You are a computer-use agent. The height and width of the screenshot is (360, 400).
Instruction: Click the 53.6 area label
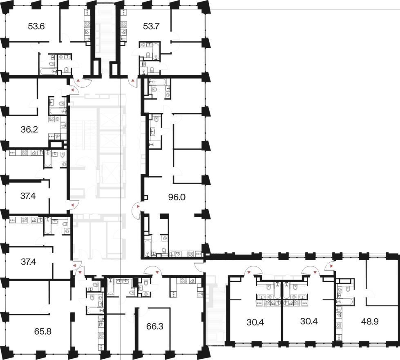pos(36,26)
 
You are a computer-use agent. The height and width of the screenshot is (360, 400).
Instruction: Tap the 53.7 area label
pos(151,26)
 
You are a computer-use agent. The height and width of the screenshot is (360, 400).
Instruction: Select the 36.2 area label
pos(29,130)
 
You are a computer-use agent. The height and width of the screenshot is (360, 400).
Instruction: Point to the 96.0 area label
pos(177,197)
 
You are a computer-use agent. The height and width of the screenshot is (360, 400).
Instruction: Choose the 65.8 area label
pos(43,331)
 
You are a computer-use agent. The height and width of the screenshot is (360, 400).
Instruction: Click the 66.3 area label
pos(155,326)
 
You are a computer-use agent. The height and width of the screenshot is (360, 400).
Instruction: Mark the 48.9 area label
pos(370,322)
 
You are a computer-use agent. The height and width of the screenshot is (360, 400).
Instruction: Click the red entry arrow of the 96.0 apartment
pos(138,206)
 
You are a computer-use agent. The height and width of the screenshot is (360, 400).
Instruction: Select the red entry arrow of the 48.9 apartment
pos(331,266)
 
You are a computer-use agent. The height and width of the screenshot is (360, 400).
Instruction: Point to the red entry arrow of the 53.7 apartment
pos(133,81)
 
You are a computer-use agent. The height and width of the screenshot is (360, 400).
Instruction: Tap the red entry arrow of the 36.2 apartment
pos(72,90)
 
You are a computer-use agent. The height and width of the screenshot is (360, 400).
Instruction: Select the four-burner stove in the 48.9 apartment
pos(339,326)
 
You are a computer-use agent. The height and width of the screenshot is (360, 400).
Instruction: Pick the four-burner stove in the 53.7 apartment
pos(124,25)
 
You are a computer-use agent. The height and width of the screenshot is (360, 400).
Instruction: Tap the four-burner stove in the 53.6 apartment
pos(87,25)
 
